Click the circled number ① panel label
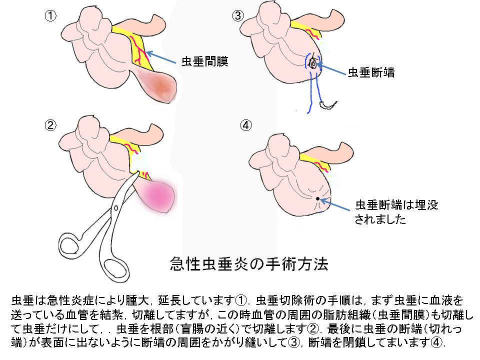point(50,16)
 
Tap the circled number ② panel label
point(50,125)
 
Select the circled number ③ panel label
point(238,16)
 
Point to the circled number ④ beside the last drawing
point(246,125)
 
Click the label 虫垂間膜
point(205,61)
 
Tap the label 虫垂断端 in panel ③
point(371,72)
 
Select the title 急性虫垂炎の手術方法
point(249,264)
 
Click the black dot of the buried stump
point(318,198)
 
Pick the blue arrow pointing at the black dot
point(334,204)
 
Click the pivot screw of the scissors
point(116,208)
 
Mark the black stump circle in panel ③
point(313,63)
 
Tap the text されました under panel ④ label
point(380,219)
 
